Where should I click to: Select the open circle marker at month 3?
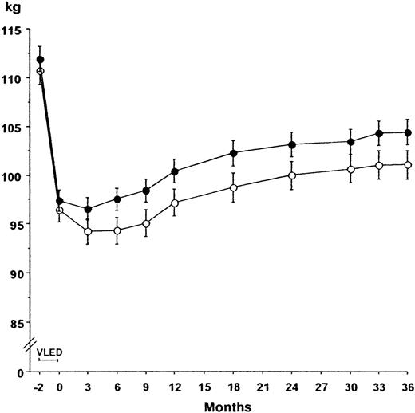(88, 231)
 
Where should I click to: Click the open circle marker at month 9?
(146, 223)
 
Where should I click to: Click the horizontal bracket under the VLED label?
(49, 360)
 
